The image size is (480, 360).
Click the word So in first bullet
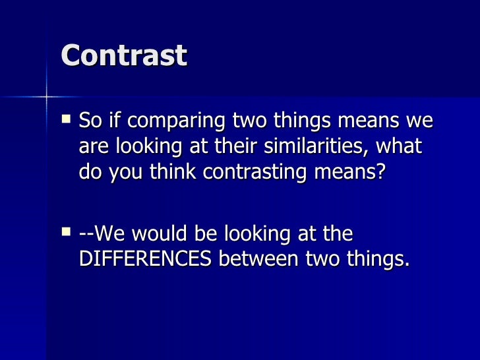(90, 121)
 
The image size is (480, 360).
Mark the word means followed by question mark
(355, 171)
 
